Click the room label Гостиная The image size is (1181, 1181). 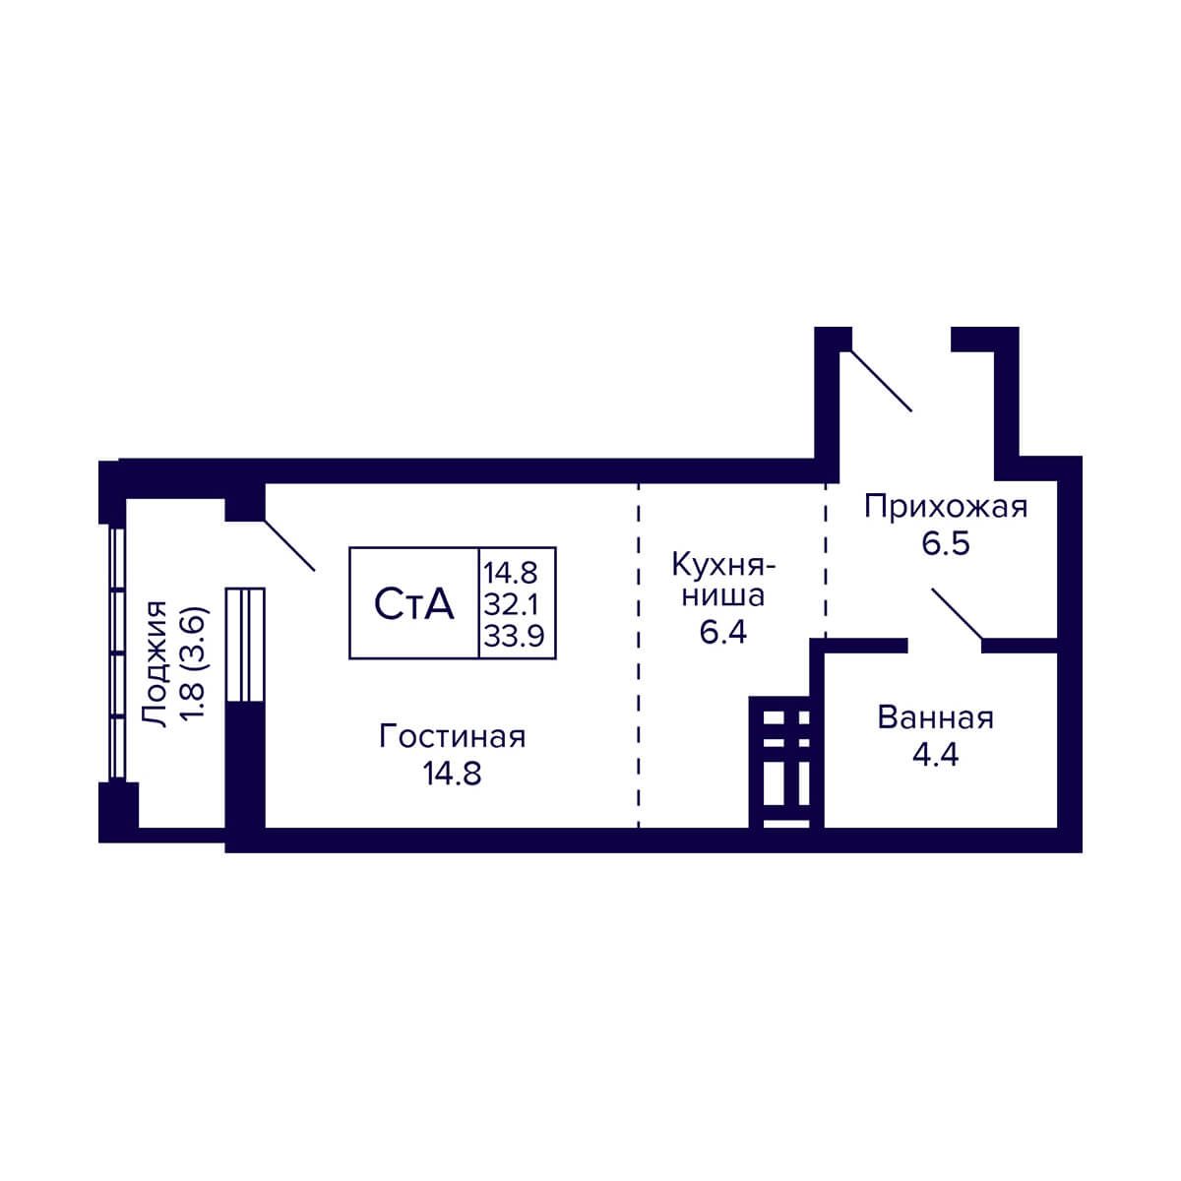pos(453,737)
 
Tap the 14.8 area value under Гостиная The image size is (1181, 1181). pos(453,774)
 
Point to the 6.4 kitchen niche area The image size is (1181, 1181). pos(723,632)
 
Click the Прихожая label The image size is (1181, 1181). pos(946,508)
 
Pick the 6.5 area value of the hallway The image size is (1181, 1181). pos(946,543)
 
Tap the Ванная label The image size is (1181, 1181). pos(935,717)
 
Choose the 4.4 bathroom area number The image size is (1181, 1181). pos(935,755)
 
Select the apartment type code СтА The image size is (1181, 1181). pos(414,604)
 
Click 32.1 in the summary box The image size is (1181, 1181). pos(511,605)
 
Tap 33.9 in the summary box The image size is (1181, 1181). pos(514,636)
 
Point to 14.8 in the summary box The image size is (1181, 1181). pos(511,574)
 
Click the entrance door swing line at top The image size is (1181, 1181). pos(881,380)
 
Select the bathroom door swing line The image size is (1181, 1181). pos(958,614)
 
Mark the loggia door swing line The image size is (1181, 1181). pos(289,545)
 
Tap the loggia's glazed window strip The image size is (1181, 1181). pos(116,653)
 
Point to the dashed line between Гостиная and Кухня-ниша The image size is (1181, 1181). pos(639,655)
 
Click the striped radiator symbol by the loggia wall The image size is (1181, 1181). pos(245,645)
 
